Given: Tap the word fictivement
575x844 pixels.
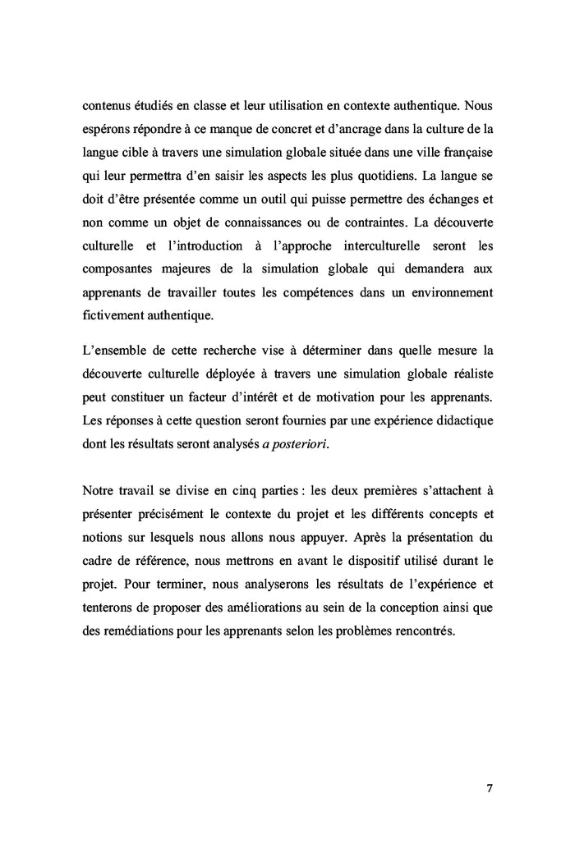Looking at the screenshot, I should tap(114, 314).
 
